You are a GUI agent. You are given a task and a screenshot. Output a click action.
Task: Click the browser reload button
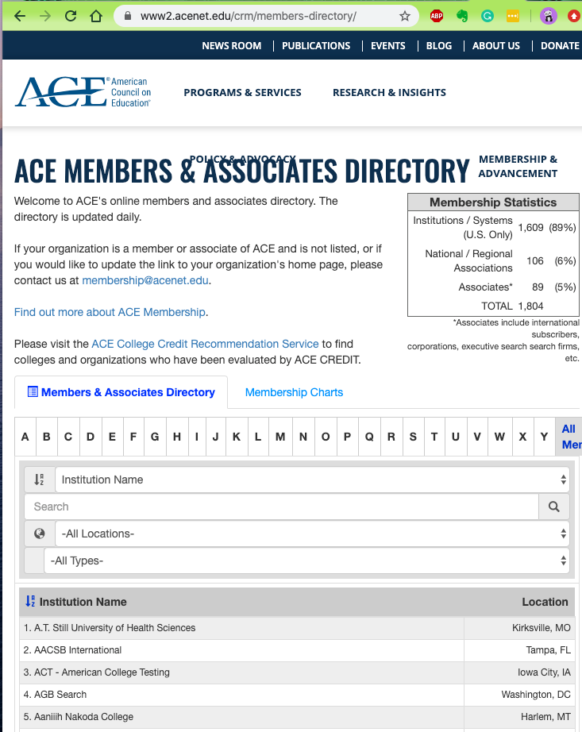point(71,16)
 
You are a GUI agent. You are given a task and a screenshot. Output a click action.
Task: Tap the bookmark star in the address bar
point(405,16)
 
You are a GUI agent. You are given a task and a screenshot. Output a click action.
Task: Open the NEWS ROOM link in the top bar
point(231,46)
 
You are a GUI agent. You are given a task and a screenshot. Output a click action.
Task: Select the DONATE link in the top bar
point(560,46)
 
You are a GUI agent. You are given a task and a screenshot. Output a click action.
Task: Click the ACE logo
point(83,92)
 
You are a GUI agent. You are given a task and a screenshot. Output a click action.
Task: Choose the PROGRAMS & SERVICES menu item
point(242,93)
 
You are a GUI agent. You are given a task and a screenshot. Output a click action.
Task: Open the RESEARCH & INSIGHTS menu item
point(389,93)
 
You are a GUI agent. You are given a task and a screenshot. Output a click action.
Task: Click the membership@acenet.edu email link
point(145,280)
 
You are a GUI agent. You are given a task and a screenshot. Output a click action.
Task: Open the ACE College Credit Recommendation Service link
point(205,344)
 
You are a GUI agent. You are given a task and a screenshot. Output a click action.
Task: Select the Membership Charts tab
point(294,392)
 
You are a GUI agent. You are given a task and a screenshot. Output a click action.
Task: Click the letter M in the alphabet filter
point(280,437)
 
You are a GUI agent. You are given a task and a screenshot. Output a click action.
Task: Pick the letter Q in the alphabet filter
point(369,437)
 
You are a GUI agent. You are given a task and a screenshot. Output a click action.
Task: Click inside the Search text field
point(281,507)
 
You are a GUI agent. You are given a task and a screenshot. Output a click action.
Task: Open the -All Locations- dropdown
point(312,534)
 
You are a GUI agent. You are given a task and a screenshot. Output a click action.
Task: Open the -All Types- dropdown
point(306,561)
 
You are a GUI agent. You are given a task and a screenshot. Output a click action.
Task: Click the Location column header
point(545,602)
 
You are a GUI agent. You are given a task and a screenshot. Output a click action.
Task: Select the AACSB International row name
point(78,650)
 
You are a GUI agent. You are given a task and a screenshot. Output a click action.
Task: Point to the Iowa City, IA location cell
point(544,672)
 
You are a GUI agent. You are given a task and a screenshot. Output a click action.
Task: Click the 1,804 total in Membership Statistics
point(530,306)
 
